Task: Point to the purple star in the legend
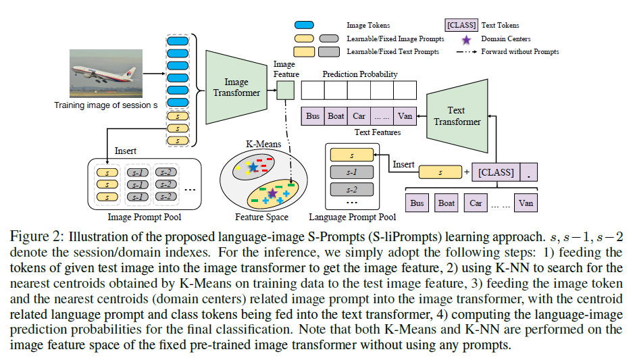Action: click(x=467, y=39)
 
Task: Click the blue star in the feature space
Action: click(x=252, y=166)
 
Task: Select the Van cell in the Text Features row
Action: click(x=405, y=115)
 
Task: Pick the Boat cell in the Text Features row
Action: click(x=336, y=115)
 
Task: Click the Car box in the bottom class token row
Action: click(x=476, y=202)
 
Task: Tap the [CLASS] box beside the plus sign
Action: click(x=496, y=172)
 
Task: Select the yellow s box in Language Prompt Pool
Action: click(x=351, y=155)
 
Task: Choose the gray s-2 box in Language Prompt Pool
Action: click(x=351, y=190)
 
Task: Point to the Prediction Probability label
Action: click(x=359, y=74)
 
